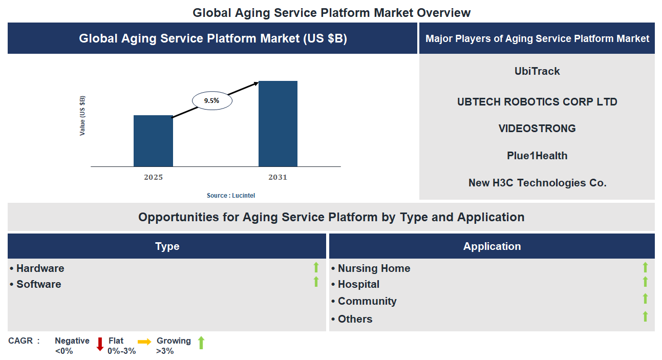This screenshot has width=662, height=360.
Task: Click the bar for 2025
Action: (153, 141)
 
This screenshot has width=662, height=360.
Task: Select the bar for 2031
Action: (277, 123)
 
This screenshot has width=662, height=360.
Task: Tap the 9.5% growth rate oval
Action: (212, 101)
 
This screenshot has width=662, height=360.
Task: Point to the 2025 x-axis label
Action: (153, 177)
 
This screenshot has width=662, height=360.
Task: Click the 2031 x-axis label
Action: (277, 177)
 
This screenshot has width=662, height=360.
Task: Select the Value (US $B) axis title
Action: (82, 116)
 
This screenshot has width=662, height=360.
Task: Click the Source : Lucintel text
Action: (230, 196)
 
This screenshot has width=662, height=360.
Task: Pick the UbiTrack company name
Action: (537, 71)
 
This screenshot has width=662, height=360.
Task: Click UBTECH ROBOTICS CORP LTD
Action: (537, 102)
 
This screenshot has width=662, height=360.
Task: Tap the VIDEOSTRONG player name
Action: (537, 129)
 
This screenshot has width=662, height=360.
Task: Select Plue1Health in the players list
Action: (537, 156)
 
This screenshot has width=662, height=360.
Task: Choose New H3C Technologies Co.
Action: (537, 183)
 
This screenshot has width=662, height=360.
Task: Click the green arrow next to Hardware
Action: (316, 267)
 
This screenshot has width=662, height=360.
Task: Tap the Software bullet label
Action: (38, 284)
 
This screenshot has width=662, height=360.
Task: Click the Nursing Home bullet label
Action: (374, 268)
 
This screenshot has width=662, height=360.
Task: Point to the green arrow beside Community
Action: (645, 299)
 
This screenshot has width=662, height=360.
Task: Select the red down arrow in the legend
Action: (100, 344)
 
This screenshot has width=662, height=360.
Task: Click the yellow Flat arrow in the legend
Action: (144, 342)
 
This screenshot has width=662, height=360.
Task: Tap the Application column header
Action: (492, 246)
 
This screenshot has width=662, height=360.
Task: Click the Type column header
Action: (167, 246)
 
